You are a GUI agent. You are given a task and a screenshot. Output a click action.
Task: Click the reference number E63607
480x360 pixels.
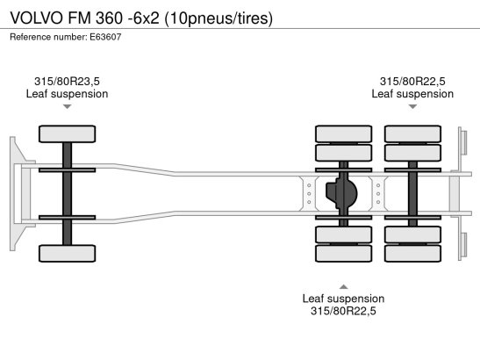[x=105, y=37]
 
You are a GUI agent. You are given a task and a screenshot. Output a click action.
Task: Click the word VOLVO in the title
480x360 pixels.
[x=36, y=18]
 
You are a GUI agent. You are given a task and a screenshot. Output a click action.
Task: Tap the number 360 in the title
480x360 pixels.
[x=109, y=18]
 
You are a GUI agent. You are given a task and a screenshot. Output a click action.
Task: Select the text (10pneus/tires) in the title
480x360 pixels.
[x=219, y=18]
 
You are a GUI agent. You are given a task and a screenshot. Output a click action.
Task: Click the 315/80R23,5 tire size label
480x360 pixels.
[x=67, y=81]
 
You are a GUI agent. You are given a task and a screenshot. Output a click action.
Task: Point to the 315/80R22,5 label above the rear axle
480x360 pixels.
[x=412, y=81]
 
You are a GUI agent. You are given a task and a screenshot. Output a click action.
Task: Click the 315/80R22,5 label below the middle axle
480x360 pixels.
[x=343, y=311]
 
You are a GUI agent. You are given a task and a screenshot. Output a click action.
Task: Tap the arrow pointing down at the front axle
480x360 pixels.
[x=67, y=106]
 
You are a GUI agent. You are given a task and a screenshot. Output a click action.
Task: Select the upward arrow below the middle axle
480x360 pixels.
[x=343, y=287]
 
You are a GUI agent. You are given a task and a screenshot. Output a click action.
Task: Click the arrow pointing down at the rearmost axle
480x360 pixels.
[x=412, y=106]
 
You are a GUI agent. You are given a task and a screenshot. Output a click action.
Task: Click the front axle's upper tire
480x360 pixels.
[x=67, y=133]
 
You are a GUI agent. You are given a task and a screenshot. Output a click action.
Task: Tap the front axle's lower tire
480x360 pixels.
[x=67, y=254]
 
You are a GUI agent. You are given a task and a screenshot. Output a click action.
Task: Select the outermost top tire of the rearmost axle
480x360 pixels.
[x=412, y=133]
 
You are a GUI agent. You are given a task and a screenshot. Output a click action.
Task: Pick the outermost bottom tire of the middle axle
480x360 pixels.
[x=343, y=254]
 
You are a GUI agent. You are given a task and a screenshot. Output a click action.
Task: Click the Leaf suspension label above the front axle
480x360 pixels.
[x=67, y=94]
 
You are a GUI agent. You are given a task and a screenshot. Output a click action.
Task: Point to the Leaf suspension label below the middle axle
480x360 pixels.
[x=343, y=299]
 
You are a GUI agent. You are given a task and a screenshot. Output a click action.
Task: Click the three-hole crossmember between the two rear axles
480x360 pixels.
[x=378, y=194]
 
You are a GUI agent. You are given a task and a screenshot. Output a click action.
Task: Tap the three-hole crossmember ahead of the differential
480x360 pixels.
[x=309, y=194]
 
